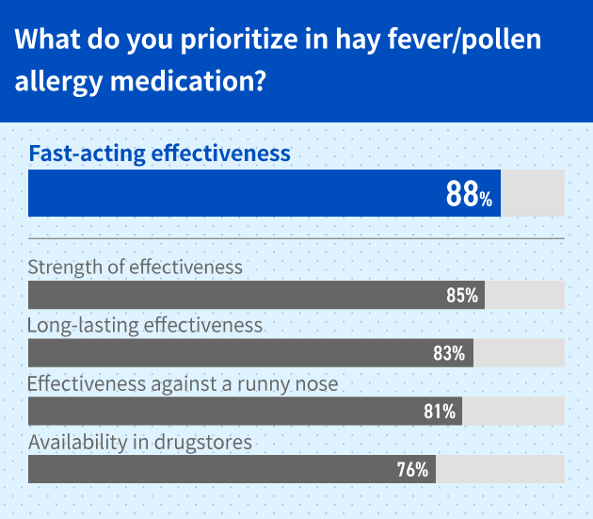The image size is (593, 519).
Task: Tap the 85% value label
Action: pyautogui.click(x=462, y=296)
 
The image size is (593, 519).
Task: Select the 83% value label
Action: pyautogui.click(x=450, y=353)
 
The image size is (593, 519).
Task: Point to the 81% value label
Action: pyautogui.click(x=440, y=412)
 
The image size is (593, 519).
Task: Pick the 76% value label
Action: pyautogui.click(x=413, y=469)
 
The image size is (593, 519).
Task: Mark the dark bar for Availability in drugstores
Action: pyautogui.click(x=216, y=469)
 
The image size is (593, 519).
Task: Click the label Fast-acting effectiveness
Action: pyautogui.click(x=159, y=154)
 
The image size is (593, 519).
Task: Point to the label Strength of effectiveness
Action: pyautogui.click(x=136, y=267)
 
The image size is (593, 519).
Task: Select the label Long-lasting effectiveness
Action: pyautogui.click(x=145, y=326)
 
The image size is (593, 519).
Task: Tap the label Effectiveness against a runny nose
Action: pyautogui.click(x=183, y=384)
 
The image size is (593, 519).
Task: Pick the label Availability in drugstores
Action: pyautogui.click(x=140, y=441)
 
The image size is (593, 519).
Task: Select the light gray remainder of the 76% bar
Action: pyautogui.click(x=500, y=469)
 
